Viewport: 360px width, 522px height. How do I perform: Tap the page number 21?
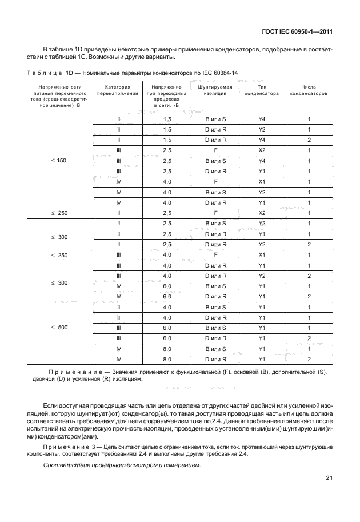(x=330, y=478)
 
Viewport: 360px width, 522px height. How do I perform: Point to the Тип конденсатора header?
(x=262, y=90)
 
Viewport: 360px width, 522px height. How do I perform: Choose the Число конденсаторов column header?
(x=309, y=90)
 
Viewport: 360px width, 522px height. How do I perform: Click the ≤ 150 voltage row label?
(x=59, y=161)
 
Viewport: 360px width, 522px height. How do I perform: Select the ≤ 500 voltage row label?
(x=59, y=328)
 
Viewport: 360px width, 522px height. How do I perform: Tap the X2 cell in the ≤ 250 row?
(x=262, y=213)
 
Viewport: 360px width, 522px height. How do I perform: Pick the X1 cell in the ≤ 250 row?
(x=262, y=255)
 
